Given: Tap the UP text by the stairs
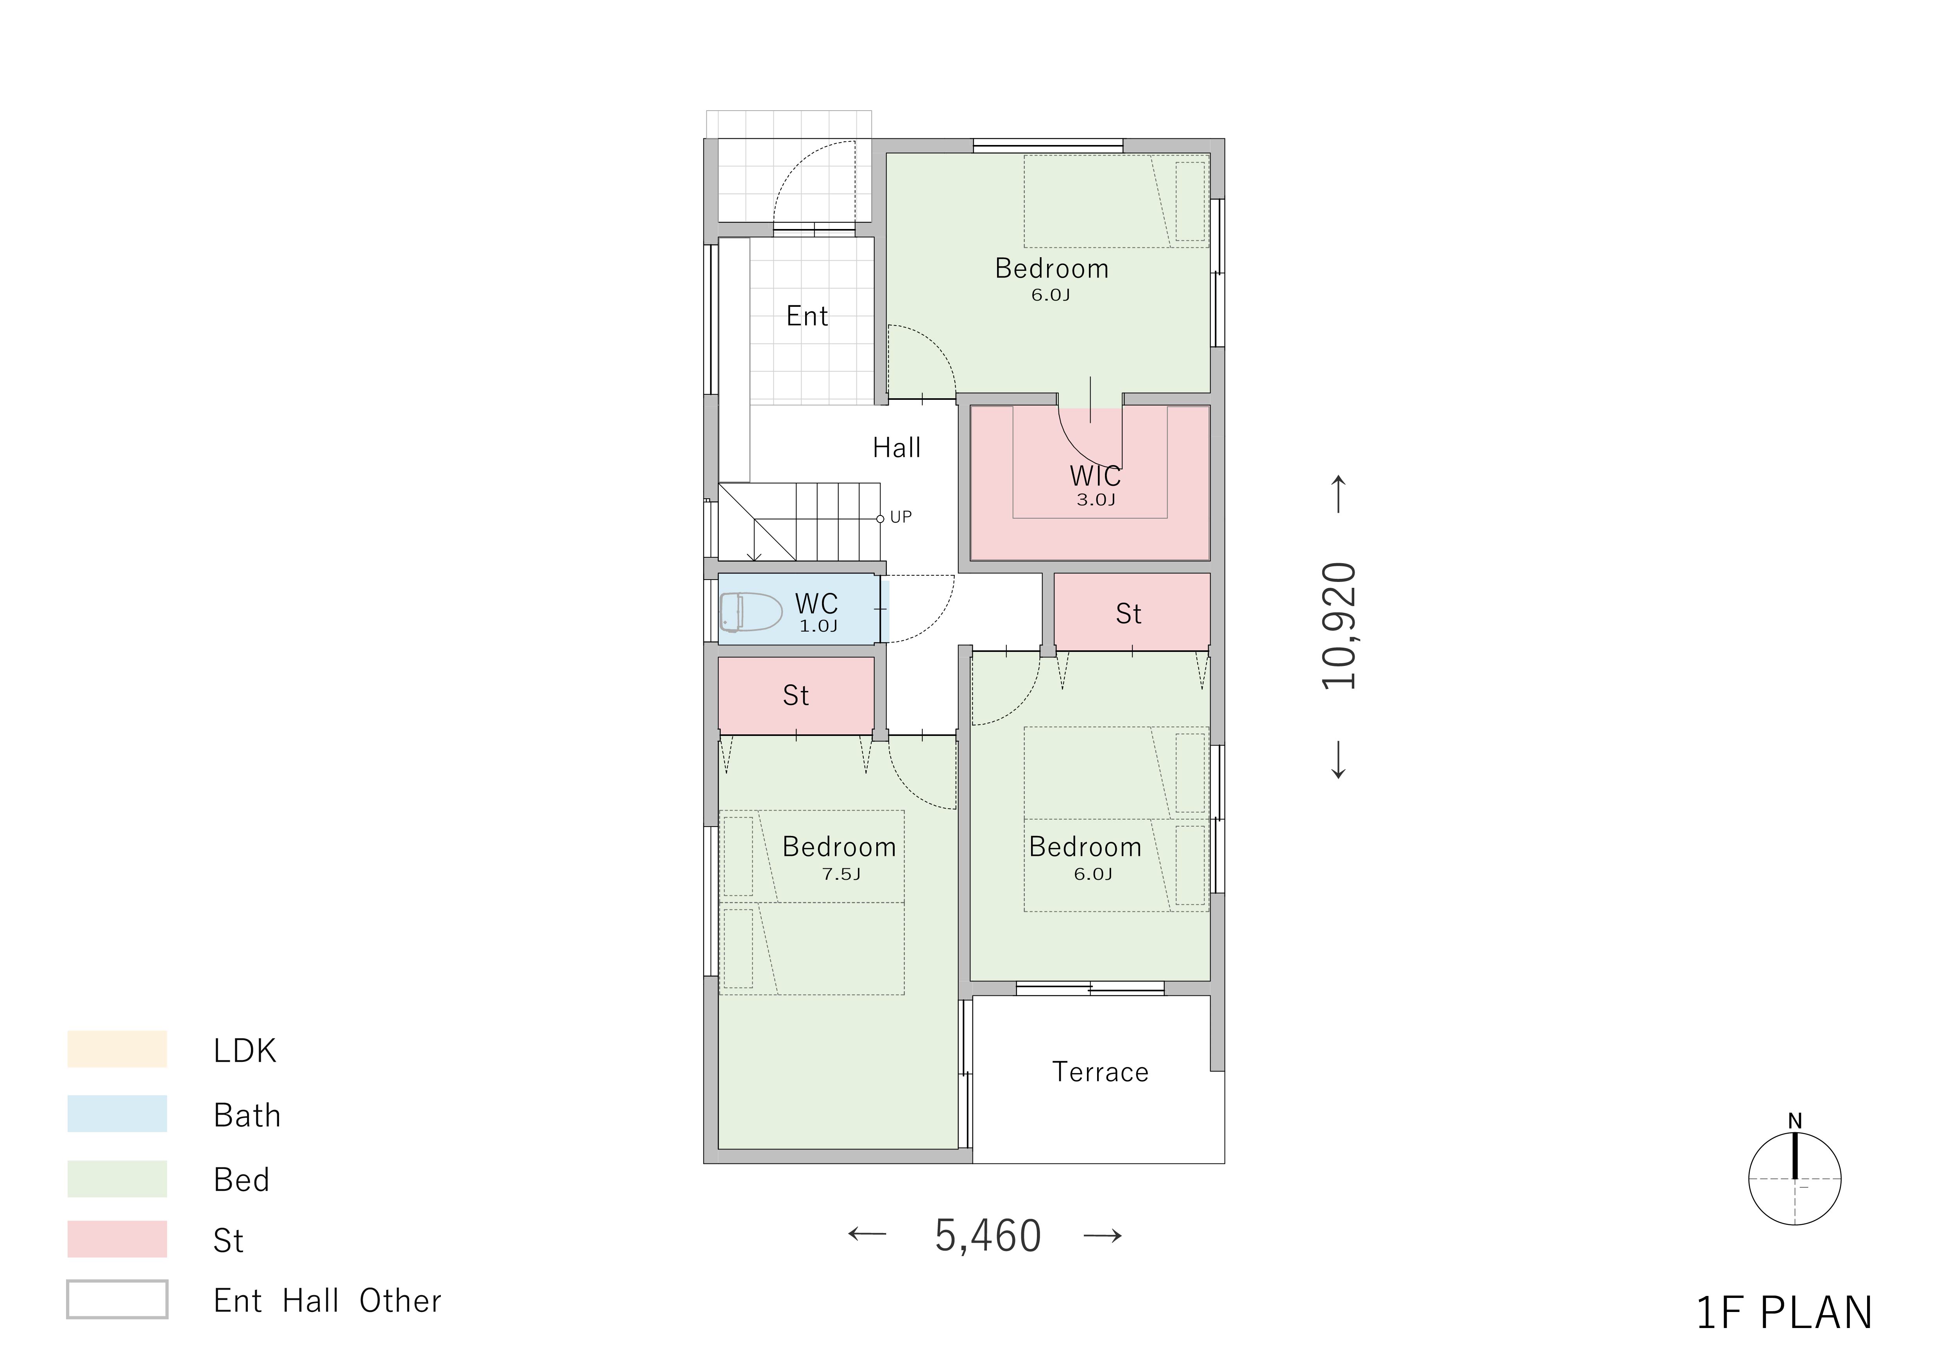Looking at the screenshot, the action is point(901,517).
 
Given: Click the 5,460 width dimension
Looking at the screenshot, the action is point(988,1236).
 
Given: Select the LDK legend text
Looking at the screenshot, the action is point(245,1051).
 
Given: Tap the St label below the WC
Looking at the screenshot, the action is point(795,696).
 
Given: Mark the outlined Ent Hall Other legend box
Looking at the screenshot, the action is point(117,1299).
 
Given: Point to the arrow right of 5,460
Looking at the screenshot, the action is point(1103,1236).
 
